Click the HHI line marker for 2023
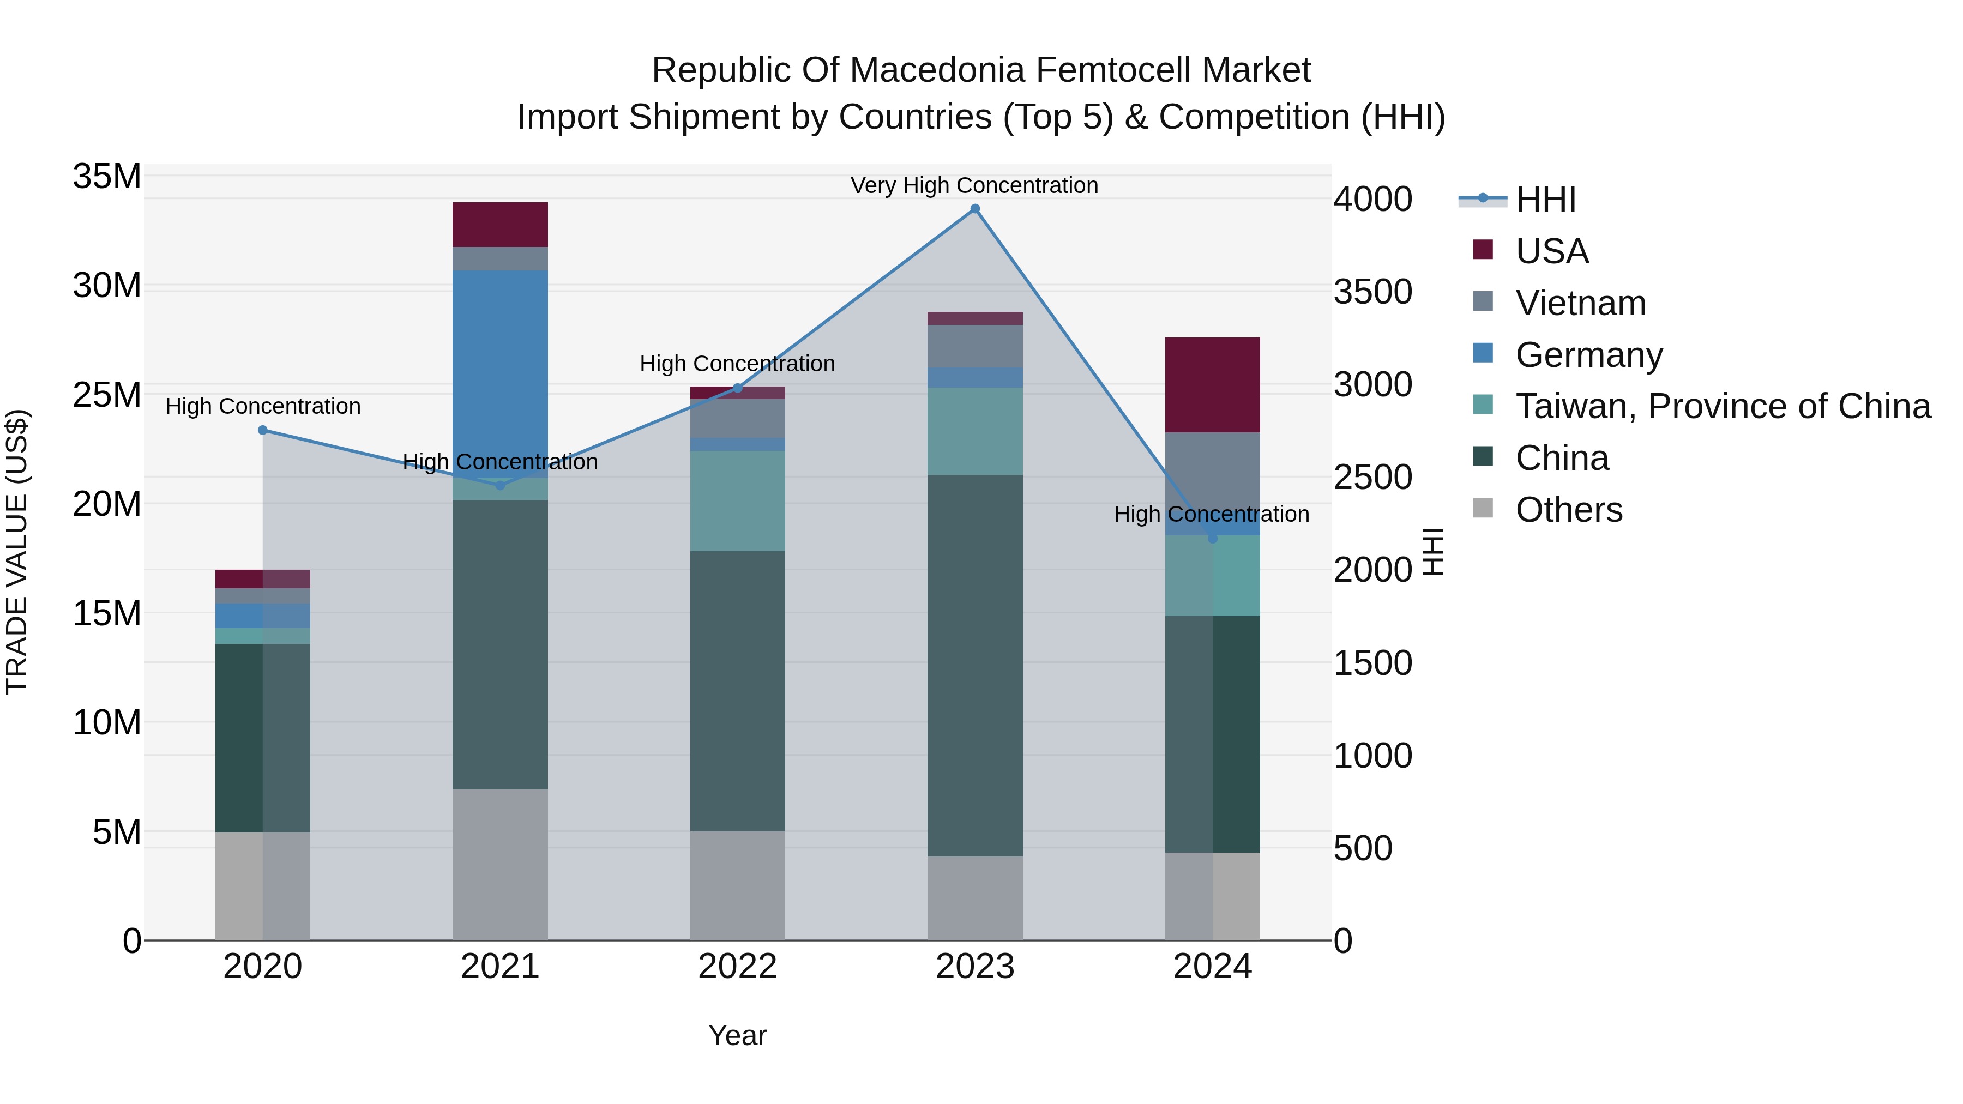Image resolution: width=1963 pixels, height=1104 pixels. click(x=974, y=209)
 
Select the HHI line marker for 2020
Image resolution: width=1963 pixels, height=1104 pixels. click(x=263, y=430)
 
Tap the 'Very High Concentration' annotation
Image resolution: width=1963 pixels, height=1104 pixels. click(x=974, y=185)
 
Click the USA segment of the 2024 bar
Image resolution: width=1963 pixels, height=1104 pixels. click(x=1212, y=385)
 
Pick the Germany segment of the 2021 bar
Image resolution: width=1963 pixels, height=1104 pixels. click(x=500, y=366)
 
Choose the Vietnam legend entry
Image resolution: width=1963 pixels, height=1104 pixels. click(x=1580, y=303)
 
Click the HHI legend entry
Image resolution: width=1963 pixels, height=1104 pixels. click(x=1545, y=200)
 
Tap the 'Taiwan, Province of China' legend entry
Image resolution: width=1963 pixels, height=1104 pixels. click(x=1722, y=406)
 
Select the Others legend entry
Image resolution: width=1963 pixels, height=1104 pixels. click(x=1568, y=510)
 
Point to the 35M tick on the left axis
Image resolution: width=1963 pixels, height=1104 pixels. click(x=107, y=177)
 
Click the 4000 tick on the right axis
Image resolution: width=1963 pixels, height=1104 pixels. click(x=1372, y=200)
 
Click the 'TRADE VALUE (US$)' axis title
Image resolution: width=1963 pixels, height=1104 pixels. click(x=17, y=552)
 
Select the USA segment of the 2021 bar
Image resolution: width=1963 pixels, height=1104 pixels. click(x=500, y=224)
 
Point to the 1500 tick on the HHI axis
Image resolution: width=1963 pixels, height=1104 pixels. click(x=1372, y=663)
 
